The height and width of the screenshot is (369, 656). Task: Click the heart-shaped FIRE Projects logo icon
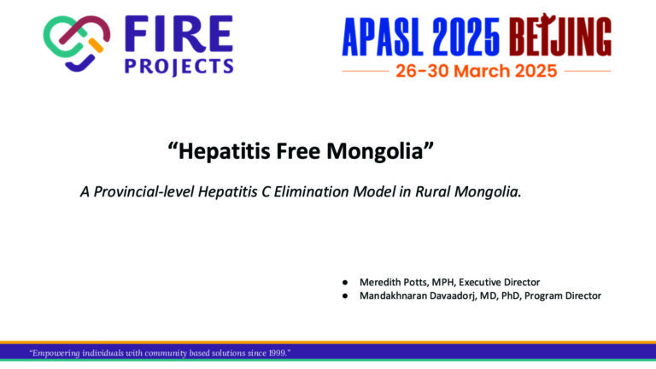77,44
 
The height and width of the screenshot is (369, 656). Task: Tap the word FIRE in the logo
179,34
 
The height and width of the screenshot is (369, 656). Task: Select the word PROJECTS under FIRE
179,67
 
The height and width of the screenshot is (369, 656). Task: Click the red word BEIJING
560,35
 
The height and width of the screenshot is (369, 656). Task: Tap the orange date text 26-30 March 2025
477,71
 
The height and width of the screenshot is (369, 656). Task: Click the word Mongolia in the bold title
380,151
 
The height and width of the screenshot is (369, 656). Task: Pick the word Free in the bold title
298,150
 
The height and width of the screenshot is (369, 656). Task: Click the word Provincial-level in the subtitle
143,191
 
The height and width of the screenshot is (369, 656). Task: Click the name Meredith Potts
393,282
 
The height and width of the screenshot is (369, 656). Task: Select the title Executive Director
499,282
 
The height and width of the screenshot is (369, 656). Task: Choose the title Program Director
563,296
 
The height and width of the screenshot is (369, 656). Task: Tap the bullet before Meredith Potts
345,283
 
